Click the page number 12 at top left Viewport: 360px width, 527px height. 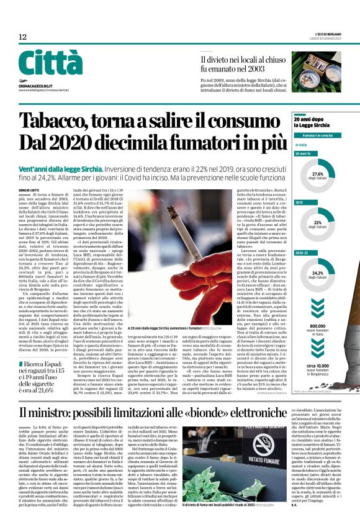click(x=22, y=37)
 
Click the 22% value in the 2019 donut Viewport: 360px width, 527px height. click(x=318, y=223)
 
